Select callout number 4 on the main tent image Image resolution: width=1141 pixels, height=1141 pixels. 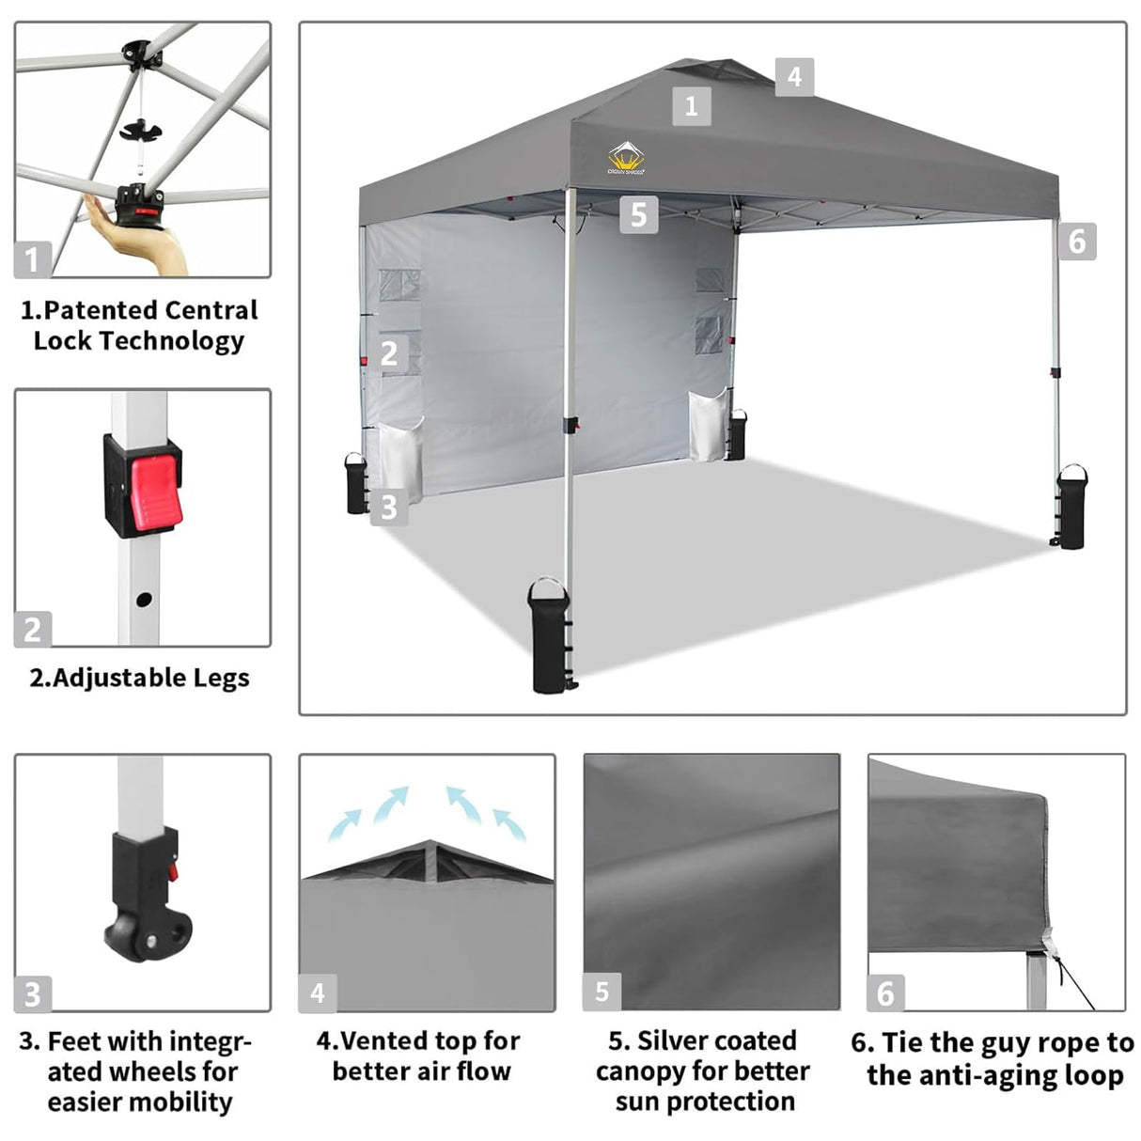(x=794, y=76)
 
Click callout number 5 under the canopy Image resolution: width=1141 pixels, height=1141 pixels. (x=638, y=214)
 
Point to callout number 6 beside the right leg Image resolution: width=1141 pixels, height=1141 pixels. (x=1077, y=242)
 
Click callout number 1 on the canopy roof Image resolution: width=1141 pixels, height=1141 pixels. (x=691, y=105)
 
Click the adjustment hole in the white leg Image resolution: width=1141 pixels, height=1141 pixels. (x=143, y=599)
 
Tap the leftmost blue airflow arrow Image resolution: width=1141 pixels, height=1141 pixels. (x=344, y=824)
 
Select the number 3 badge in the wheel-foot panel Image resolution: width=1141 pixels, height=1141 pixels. (x=33, y=993)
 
